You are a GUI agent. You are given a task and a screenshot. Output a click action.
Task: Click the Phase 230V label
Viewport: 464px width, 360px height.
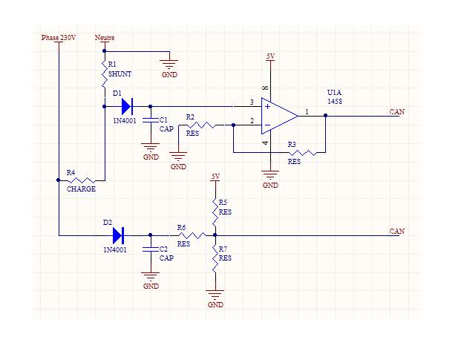59,37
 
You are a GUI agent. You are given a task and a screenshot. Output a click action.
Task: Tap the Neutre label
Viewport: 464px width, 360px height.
105,37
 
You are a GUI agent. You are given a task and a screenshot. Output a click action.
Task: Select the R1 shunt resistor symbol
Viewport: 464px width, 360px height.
105,74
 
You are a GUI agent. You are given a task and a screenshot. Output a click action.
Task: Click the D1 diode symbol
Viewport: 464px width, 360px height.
125,106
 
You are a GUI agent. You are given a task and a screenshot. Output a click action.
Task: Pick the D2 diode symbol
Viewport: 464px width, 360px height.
118,235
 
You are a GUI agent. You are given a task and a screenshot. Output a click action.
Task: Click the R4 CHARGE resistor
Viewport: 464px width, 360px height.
82,180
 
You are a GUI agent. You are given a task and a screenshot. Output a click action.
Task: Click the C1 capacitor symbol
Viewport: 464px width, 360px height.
151,119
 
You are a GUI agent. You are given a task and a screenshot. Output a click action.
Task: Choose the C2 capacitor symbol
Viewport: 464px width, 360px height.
151,249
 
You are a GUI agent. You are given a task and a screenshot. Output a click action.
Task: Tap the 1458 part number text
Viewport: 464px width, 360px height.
334,101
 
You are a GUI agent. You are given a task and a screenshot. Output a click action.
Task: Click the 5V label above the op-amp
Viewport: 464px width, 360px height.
270,56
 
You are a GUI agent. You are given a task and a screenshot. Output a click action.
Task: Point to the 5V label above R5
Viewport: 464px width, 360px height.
215,177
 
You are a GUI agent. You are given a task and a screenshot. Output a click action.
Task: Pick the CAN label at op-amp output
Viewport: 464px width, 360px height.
397,111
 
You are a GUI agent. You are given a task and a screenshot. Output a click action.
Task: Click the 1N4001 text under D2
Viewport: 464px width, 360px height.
115,250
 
